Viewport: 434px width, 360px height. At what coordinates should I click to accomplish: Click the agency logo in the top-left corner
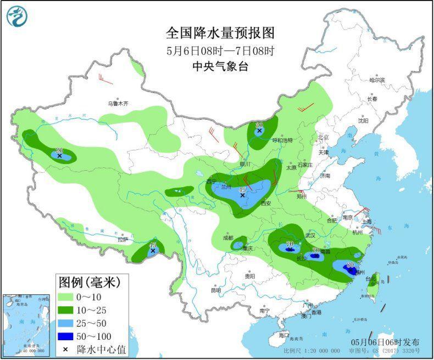click(17, 16)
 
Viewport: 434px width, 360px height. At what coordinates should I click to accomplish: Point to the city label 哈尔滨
click(377, 80)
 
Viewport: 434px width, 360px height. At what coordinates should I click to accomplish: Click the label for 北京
click(322, 137)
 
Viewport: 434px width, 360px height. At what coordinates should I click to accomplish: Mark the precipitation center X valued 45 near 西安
click(242, 195)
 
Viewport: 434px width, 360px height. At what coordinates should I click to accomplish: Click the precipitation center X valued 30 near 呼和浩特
click(259, 131)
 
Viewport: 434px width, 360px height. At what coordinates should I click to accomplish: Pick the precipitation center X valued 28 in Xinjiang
click(59, 156)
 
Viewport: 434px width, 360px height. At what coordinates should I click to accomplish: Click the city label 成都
click(227, 238)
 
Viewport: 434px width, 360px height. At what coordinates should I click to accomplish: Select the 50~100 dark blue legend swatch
click(69, 335)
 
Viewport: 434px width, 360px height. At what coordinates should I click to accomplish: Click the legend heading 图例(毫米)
click(89, 283)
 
